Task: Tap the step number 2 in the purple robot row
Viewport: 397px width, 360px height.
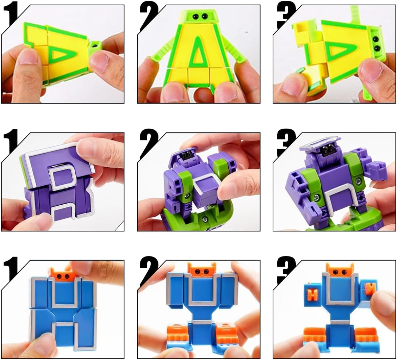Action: click(x=149, y=143)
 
